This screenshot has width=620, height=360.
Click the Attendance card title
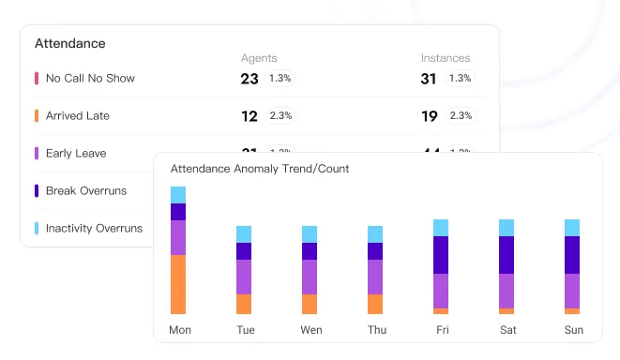click(x=69, y=43)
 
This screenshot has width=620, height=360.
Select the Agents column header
click(x=259, y=58)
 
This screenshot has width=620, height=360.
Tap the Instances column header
click(x=446, y=58)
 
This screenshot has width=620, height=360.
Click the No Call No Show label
click(x=90, y=79)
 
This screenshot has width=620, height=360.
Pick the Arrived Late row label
click(x=78, y=116)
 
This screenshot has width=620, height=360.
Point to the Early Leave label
click(x=76, y=154)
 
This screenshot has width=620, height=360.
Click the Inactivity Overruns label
click(x=94, y=228)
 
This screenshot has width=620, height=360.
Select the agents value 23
click(x=250, y=79)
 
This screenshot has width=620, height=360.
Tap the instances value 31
click(x=429, y=79)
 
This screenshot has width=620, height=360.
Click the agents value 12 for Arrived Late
click(x=250, y=116)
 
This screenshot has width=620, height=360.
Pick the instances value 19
click(x=429, y=116)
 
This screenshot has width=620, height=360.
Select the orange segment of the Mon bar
click(x=178, y=284)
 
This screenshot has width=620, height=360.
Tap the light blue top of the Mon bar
click(x=178, y=195)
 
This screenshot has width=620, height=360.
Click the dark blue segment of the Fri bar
click(x=441, y=255)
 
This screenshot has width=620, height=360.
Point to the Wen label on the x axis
click(x=311, y=330)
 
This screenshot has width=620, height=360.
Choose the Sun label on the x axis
click(x=573, y=330)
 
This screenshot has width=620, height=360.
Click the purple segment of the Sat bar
click(x=507, y=291)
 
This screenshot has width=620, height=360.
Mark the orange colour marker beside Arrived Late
click(x=36, y=116)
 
